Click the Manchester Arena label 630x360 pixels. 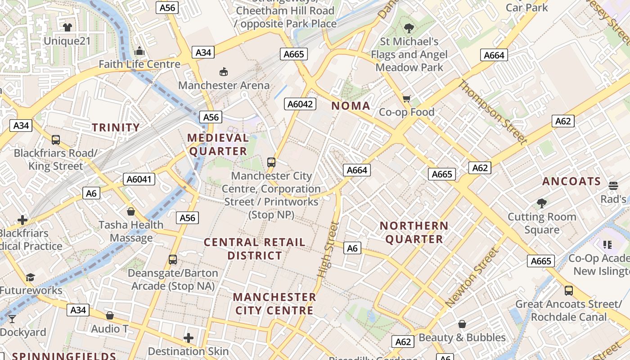[x=224, y=85]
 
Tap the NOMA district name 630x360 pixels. [x=351, y=106]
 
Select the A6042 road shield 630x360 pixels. [x=300, y=104]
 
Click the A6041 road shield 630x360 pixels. [x=140, y=179]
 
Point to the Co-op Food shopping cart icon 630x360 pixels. [x=407, y=99]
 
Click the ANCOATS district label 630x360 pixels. [x=571, y=181]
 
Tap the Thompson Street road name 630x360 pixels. [x=492, y=112]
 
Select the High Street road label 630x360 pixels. [x=328, y=249]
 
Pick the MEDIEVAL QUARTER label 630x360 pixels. [x=218, y=144]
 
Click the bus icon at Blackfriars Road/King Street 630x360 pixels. [x=56, y=140]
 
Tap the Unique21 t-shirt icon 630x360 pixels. [x=67, y=27]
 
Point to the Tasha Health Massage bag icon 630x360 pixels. [x=131, y=211]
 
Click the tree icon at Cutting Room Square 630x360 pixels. [x=542, y=203]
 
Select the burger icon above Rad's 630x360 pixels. [x=613, y=185]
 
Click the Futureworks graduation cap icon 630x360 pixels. [x=30, y=277]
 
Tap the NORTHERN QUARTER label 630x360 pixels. [x=414, y=232]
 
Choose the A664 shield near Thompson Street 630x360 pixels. [x=494, y=55]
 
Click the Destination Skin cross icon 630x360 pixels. [x=189, y=338]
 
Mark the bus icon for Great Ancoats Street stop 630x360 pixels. [x=569, y=290]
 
